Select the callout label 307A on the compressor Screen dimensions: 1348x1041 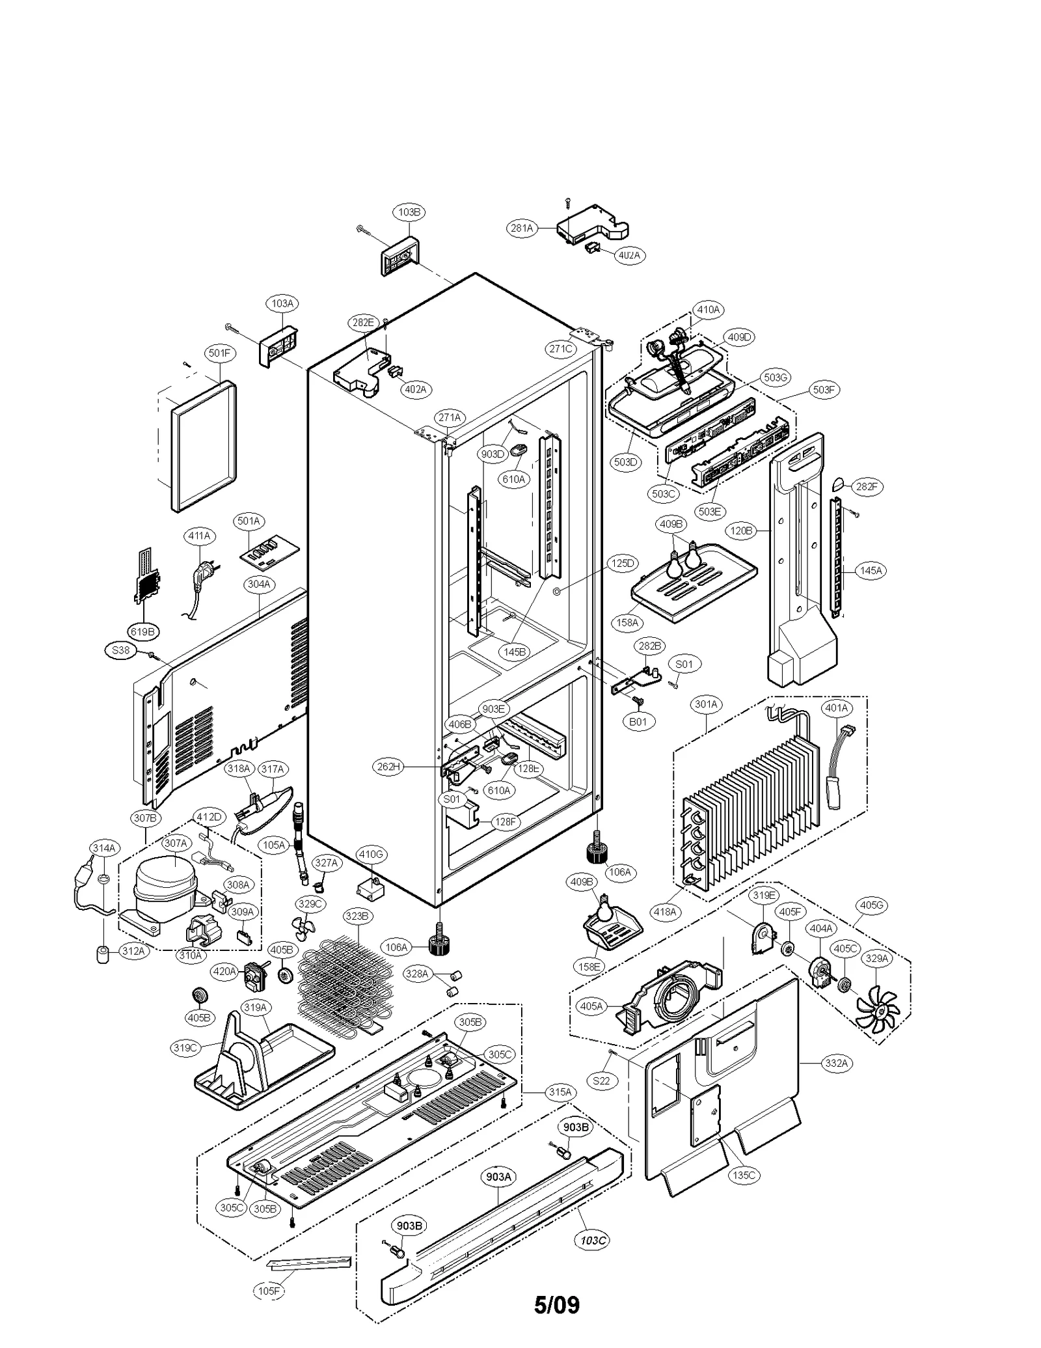tap(175, 843)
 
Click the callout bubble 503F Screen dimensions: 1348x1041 tap(823, 389)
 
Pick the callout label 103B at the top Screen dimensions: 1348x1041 tap(409, 212)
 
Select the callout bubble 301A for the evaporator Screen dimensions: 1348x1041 tap(706, 704)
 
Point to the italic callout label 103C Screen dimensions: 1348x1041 tap(593, 1240)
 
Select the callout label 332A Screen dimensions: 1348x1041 tap(836, 1063)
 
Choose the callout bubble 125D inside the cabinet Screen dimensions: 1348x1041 tap(623, 563)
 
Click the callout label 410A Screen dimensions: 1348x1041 tap(708, 310)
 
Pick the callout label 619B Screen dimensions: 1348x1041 tap(142, 631)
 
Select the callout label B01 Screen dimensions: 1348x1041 tap(638, 722)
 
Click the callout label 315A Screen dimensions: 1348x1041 tap(560, 1092)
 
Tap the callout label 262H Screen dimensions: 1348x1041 tap(388, 767)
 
